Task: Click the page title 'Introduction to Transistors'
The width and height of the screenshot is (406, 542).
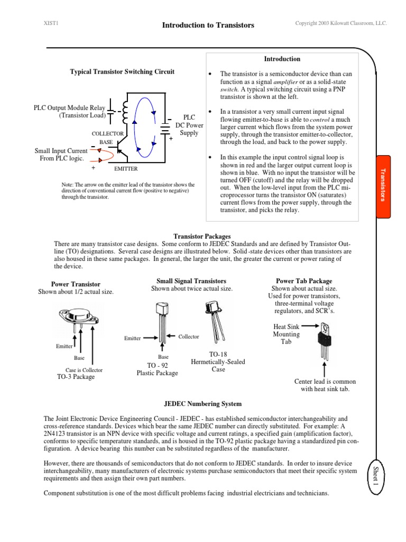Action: tap(208, 25)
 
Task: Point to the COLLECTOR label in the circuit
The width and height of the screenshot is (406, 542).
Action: tap(108, 134)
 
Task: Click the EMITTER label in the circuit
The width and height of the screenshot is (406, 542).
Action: tap(125, 169)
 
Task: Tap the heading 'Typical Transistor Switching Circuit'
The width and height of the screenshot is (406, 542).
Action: tap(122, 71)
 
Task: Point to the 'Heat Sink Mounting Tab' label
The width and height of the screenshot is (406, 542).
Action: tap(286, 335)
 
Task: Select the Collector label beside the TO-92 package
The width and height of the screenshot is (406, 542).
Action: tap(189, 337)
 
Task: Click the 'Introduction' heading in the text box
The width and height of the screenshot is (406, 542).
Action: tap(282, 59)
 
